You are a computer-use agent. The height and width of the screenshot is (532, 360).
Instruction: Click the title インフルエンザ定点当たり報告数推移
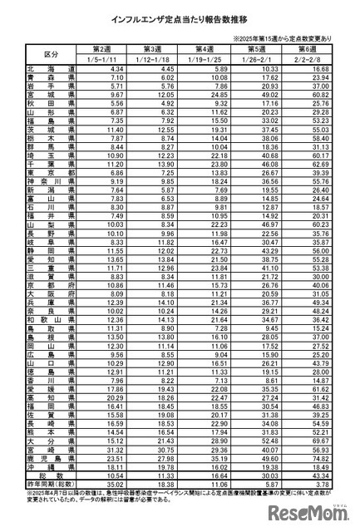tap(179, 17)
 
